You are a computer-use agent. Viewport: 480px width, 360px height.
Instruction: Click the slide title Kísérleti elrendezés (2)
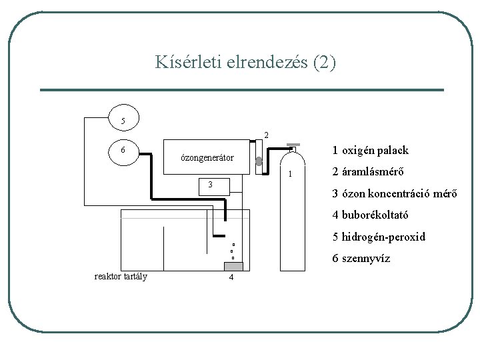pyautogui.click(x=246, y=63)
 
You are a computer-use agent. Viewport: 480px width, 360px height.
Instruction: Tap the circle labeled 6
pyautogui.click(x=123, y=150)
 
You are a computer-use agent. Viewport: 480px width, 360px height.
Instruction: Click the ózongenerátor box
pyautogui.click(x=207, y=158)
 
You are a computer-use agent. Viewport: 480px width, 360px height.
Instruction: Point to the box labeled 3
pyautogui.click(x=209, y=185)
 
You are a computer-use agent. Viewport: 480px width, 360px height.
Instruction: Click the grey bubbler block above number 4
pyautogui.click(x=233, y=267)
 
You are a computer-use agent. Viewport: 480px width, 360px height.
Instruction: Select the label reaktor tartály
pyautogui.click(x=121, y=277)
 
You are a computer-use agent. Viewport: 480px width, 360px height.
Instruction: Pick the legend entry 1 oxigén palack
pyautogui.click(x=371, y=151)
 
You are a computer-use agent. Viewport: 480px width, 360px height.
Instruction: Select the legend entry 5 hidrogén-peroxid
pyautogui.click(x=379, y=237)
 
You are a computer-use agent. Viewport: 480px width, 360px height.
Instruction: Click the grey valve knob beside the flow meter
pyautogui.click(x=259, y=161)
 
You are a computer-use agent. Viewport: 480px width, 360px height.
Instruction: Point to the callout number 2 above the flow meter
pyautogui.click(x=265, y=135)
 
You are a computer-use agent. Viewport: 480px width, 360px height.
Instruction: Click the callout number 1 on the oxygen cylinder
pyautogui.click(x=290, y=175)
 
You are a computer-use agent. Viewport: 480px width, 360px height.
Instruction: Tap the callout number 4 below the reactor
pyautogui.click(x=231, y=278)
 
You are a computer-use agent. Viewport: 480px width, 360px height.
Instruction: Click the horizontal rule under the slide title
pyautogui.click(x=241, y=90)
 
